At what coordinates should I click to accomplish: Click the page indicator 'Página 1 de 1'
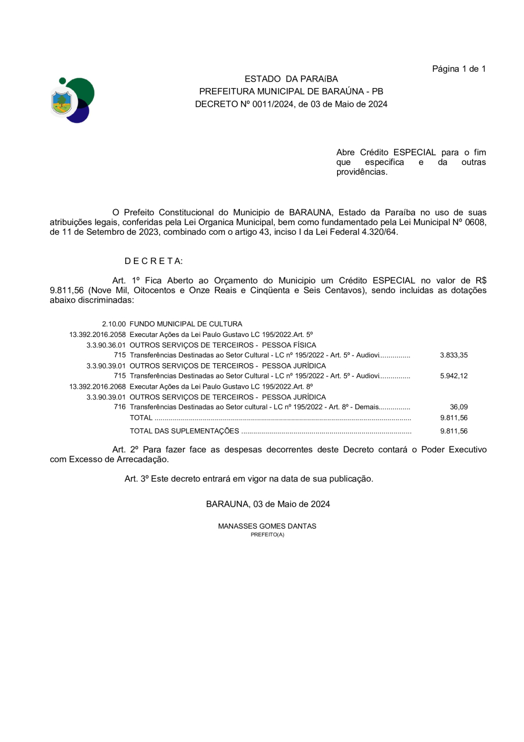[459, 69]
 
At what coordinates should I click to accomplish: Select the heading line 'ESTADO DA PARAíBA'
[291, 79]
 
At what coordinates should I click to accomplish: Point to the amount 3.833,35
[454, 355]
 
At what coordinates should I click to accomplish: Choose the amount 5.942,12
[454, 376]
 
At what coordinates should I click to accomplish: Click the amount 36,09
[459, 407]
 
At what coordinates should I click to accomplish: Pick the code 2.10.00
[114, 324]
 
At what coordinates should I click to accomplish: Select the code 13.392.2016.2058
[97, 335]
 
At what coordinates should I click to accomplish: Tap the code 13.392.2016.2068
[97, 386]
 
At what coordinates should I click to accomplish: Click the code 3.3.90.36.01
[106, 345]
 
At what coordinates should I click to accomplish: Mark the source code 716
[120, 407]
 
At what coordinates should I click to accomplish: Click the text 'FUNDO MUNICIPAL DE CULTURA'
[186, 324]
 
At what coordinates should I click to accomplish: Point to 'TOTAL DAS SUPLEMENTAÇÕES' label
[184, 431]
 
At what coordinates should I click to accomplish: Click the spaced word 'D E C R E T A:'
[154, 261]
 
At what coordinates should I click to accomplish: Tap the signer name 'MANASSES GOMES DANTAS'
[267, 526]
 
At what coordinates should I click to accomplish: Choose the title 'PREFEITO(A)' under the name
[267, 534]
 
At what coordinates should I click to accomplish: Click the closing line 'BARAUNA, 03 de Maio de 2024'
[268, 504]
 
